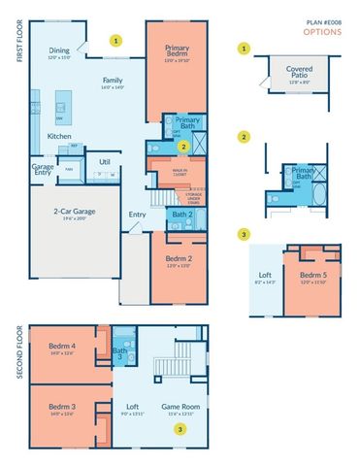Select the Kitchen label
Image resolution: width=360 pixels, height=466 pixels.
click(x=59, y=136)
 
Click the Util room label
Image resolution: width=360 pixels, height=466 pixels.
click(x=105, y=161)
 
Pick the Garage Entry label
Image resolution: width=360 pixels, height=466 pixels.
click(x=43, y=170)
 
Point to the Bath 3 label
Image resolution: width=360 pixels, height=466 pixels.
click(x=120, y=353)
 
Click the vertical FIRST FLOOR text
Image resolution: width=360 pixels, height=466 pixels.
click(x=19, y=43)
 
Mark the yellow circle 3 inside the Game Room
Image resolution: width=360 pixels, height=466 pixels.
click(x=180, y=427)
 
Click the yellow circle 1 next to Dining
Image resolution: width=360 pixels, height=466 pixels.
click(x=116, y=42)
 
